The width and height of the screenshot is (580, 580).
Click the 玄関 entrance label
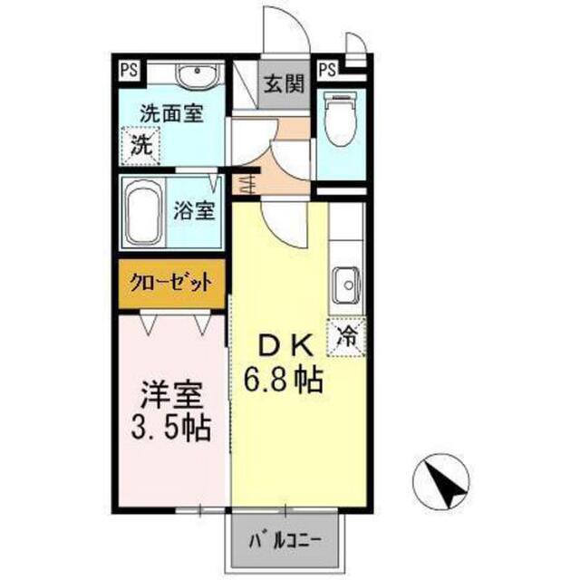click(284, 83)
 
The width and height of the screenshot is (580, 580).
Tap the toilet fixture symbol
click(340, 119)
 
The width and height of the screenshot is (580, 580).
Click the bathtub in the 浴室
click(142, 213)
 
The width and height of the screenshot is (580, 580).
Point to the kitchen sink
click(346, 285)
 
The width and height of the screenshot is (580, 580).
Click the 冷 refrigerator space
click(346, 337)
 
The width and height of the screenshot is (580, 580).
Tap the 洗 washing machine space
click(141, 146)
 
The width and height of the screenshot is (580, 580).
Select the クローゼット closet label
click(171, 284)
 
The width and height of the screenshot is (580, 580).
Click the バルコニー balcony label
click(285, 542)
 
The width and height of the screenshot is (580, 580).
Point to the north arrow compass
click(441, 481)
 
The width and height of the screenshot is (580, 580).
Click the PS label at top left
click(129, 70)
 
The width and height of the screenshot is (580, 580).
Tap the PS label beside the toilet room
click(328, 70)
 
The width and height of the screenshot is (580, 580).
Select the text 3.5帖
click(171, 428)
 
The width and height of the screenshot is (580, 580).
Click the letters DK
click(285, 346)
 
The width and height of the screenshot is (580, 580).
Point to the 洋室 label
click(171, 396)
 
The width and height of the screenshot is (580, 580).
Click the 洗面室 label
click(171, 113)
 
